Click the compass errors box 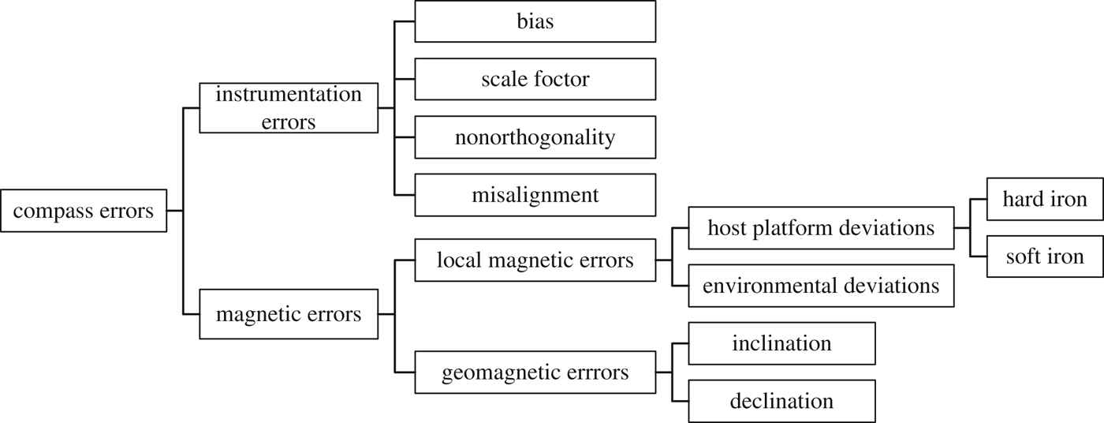tap(84, 211)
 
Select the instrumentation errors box tap(289, 108)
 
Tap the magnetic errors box tap(289, 315)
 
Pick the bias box tap(535, 21)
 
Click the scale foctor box tap(535, 80)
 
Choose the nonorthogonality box tap(535, 137)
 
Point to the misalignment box tap(535, 195)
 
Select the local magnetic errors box tap(535, 260)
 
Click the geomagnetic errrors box tap(535, 372)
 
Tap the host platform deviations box tap(821, 228)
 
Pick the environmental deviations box tap(821, 286)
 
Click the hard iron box tap(1045, 199)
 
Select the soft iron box tap(1045, 256)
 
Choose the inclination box tap(781, 343)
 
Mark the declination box tap(781, 401)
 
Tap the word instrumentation tap(289, 95)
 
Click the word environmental tap(775, 286)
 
